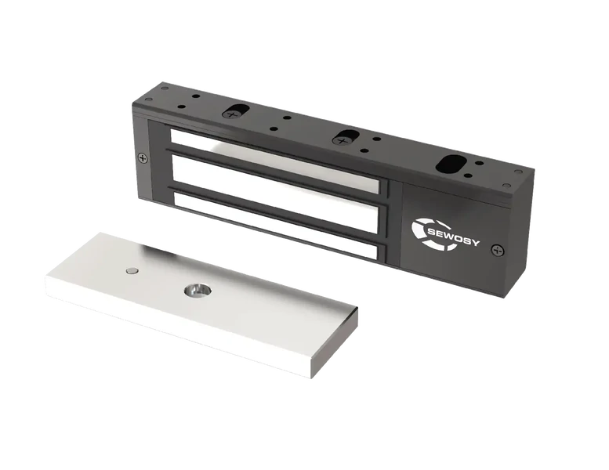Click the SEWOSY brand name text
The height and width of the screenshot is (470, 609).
click(x=453, y=237)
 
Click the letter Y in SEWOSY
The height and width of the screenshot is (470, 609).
click(x=476, y=243)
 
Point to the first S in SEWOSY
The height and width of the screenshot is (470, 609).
click(x=432, y=231)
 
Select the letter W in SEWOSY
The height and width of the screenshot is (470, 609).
click(x=451, y=236)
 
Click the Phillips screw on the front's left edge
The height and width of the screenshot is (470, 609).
click(x=143, y=157)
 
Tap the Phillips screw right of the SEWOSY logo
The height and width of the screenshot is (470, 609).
click(x=497, y=251)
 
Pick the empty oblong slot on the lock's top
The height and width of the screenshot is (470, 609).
click(x=451, y=164)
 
